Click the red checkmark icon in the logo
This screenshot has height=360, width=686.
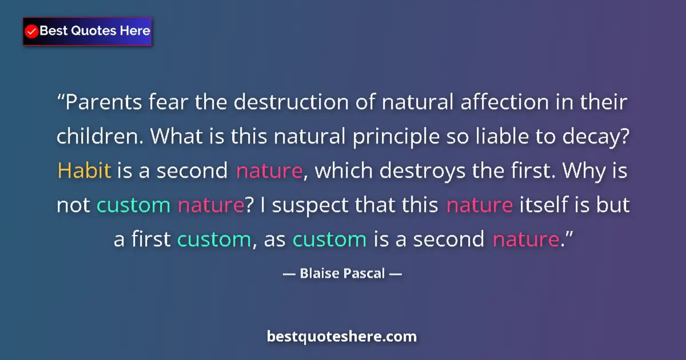tap(32, 31)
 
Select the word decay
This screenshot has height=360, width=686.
tap(605, 137)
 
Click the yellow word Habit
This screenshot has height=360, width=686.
tap(84, 171)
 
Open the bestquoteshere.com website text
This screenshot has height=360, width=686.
tap(342, 336)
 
